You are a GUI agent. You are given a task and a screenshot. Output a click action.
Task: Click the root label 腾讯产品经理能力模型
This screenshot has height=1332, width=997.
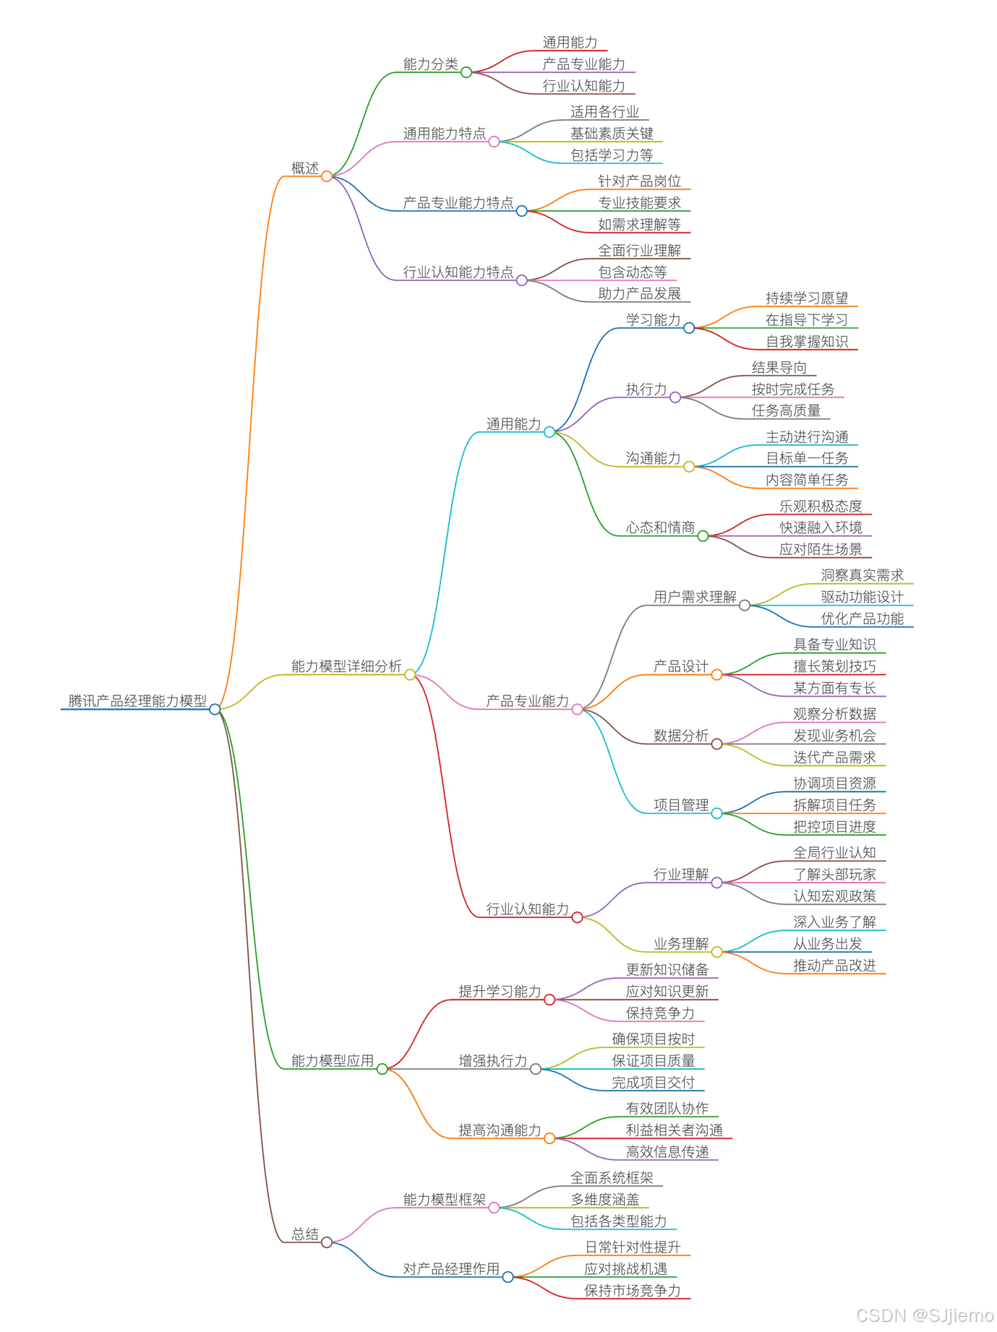tap(137, 700)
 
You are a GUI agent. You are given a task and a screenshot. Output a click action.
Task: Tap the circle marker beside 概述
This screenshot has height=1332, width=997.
tap(327, 176)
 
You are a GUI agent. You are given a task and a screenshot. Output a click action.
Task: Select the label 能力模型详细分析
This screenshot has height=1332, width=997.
tap(346, 666)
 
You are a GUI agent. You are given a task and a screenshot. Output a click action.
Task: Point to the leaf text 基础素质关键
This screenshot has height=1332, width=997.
tap(612, 133)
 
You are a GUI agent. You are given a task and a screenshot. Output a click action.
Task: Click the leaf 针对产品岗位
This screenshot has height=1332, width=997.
tap(639, 181)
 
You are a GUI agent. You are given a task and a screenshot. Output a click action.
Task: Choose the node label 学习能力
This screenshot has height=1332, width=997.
tap(653, 319)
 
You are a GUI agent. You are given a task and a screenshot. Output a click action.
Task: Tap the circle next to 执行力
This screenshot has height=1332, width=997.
tap(675, 397)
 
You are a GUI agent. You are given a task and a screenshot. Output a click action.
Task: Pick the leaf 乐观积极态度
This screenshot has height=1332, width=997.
tap(821, 506)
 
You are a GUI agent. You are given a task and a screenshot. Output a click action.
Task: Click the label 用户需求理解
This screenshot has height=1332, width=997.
tap(695, 596)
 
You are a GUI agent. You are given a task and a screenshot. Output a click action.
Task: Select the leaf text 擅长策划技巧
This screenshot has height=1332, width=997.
tap(834, 666)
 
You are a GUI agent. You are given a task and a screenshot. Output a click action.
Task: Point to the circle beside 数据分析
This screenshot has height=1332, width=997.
tap(716, 744)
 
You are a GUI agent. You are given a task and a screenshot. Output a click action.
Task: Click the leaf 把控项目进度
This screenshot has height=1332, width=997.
tap(834, 826)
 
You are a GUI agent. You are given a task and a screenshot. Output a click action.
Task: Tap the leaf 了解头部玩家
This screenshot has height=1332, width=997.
tap(834, 874)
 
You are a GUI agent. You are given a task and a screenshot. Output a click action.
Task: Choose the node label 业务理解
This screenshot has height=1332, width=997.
tap(681, 943)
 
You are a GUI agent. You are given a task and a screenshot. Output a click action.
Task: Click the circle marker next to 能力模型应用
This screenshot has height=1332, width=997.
tap(382, 1069)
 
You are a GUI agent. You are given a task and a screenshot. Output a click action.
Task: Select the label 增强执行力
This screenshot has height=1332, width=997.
tap(493, 1060)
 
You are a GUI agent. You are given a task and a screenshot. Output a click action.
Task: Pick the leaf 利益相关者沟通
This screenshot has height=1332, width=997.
tap(674, 1130)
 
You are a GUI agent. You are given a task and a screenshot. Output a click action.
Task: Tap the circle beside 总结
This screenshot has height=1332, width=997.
tap(327, 1242)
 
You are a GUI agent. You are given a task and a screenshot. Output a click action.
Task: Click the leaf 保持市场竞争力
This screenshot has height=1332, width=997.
tap(633, 1290)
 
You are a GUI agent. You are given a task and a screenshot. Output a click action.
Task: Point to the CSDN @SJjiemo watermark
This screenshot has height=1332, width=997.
tap(925, 1315)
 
